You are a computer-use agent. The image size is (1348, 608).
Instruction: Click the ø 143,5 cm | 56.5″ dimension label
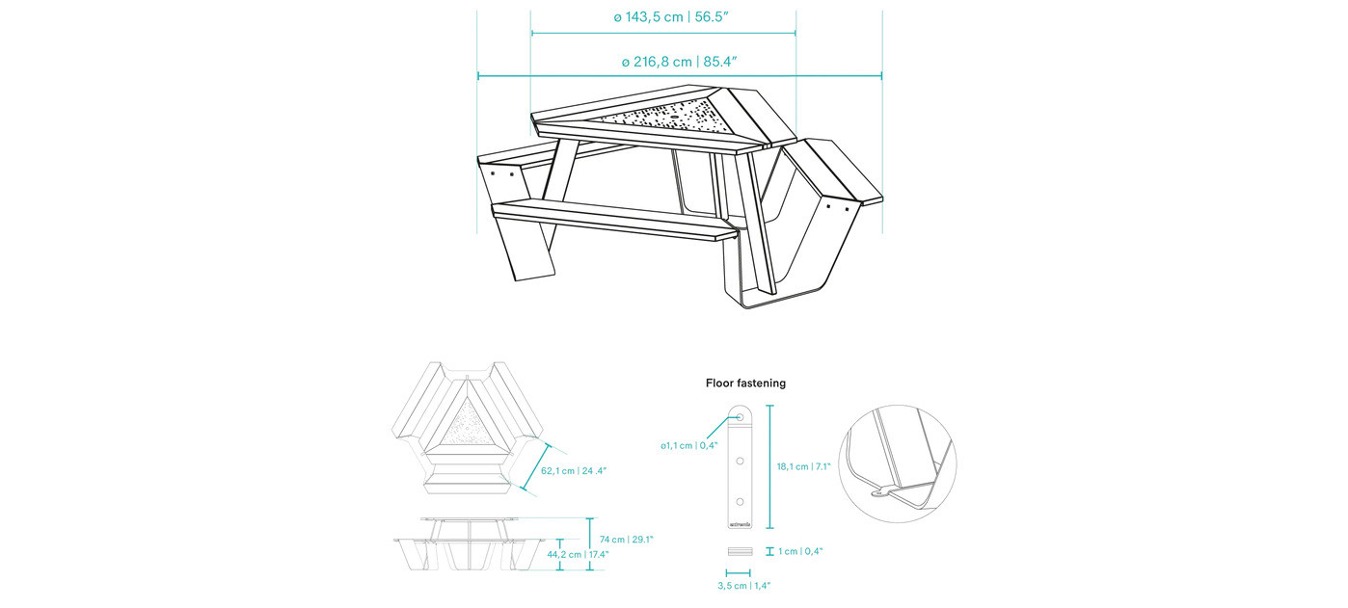(671, 16)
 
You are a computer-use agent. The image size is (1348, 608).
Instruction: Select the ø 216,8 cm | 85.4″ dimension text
(679, 62)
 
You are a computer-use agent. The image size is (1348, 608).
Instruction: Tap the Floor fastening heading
(745, 383)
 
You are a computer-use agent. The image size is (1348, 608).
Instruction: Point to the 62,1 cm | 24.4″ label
(574, 471)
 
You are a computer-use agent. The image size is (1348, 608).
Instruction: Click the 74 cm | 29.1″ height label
(627, 540)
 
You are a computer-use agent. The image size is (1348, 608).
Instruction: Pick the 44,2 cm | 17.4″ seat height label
(578, 554)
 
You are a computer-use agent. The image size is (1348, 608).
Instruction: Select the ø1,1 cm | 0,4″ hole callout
(689, 445)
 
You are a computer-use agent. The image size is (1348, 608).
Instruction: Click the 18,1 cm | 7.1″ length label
(803, 466)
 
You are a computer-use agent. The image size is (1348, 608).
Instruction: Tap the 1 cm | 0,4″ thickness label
(800, 551)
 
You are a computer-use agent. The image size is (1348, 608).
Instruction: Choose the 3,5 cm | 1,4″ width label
(743, 586)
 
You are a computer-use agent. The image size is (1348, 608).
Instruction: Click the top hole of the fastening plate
(740, 416)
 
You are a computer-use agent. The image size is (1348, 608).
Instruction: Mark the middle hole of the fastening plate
(740, 462)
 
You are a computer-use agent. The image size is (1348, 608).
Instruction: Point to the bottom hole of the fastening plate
(740, 502)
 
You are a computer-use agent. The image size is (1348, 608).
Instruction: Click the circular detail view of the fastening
(898, 463)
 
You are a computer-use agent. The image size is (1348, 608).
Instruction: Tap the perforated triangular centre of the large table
(665, 120)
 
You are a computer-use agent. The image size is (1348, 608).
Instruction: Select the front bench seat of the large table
(614, 220)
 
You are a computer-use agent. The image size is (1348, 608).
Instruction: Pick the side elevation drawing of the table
(469, 543)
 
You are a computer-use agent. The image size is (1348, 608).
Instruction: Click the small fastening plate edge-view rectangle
(740, 551)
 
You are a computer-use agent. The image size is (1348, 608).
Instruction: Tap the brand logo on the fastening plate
(740, 524)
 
